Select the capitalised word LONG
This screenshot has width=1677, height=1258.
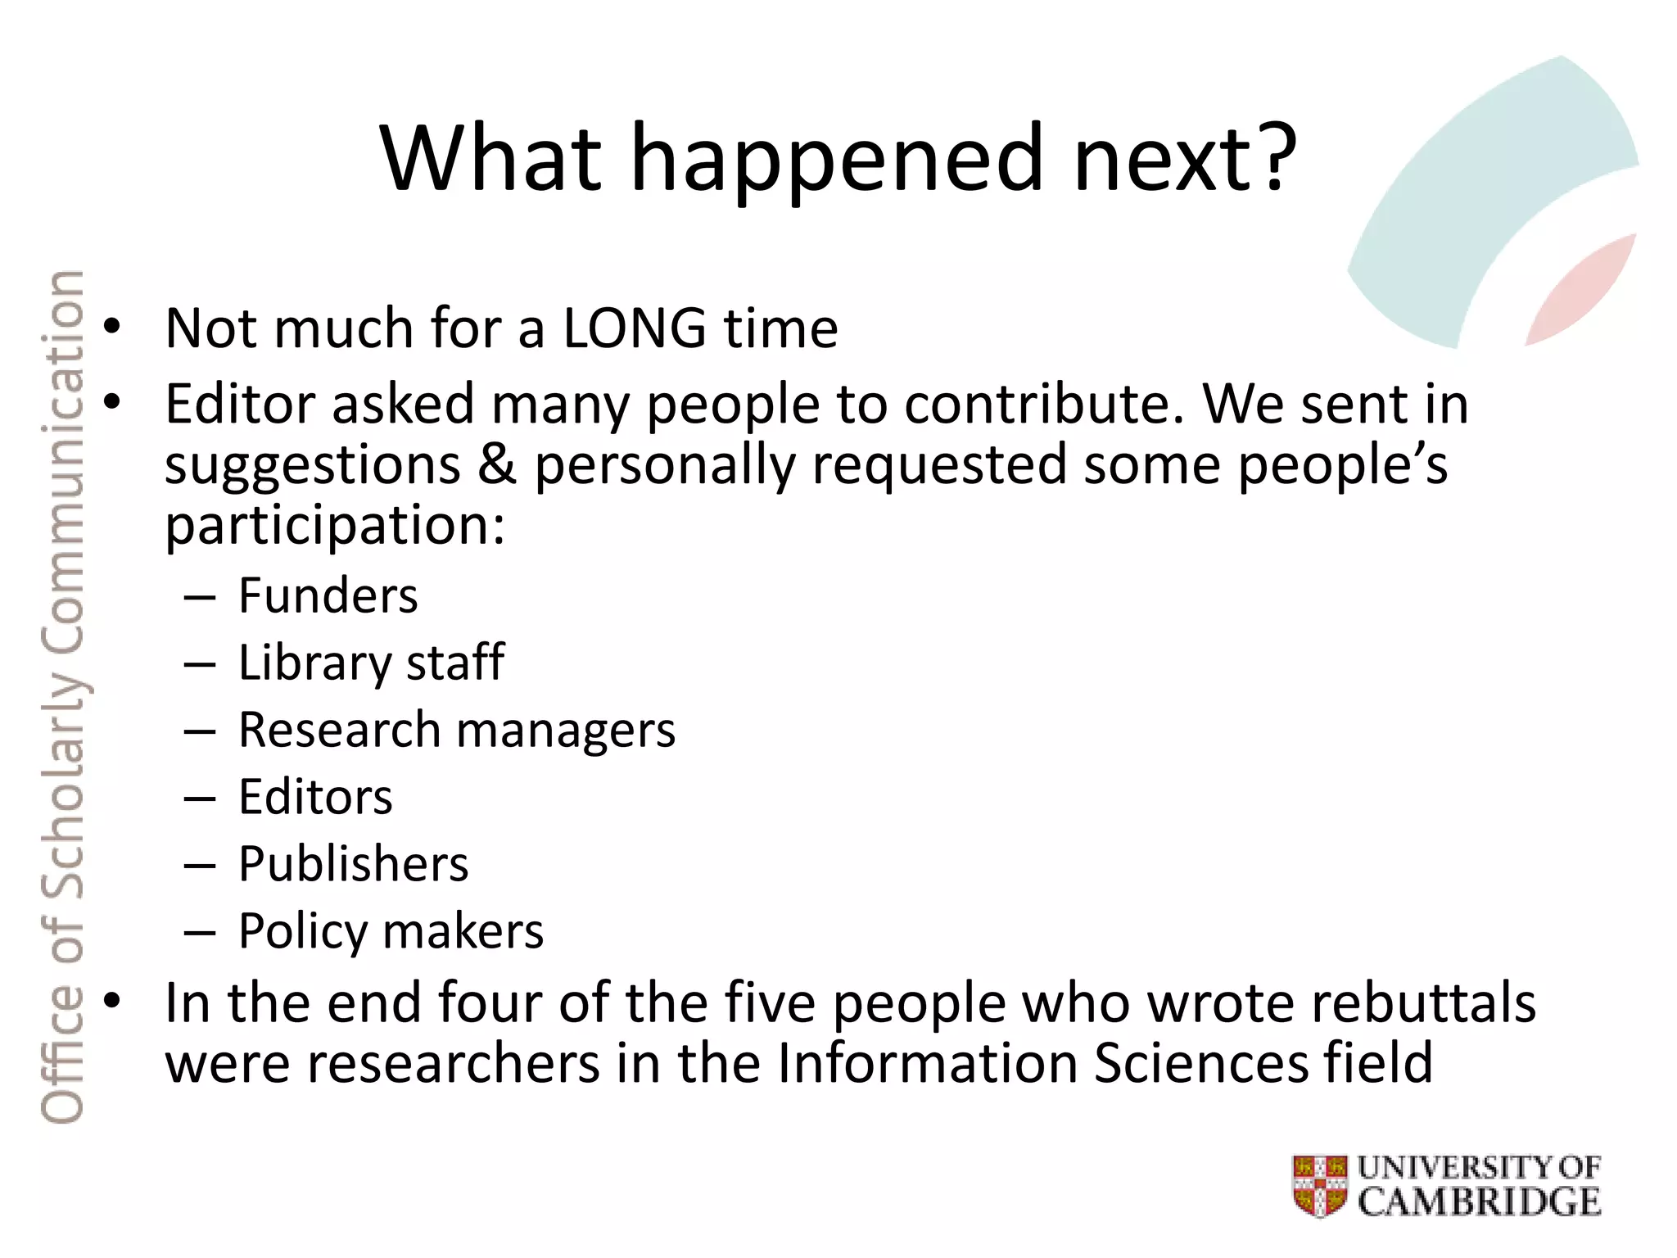634,328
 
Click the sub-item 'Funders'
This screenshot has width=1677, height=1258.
328,595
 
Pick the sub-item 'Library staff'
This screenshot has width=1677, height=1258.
371,663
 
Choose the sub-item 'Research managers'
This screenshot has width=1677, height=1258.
457,730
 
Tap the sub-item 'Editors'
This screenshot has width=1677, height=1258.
315,797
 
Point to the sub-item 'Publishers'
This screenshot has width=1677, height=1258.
353,864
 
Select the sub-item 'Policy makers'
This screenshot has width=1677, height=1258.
391,932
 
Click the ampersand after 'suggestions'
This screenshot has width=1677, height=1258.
497,464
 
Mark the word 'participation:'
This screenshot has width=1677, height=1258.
335,525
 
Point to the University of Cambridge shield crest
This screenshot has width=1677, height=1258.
1319,1185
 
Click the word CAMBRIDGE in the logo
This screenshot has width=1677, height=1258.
1479,1202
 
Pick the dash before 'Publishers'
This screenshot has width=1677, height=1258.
200,865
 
